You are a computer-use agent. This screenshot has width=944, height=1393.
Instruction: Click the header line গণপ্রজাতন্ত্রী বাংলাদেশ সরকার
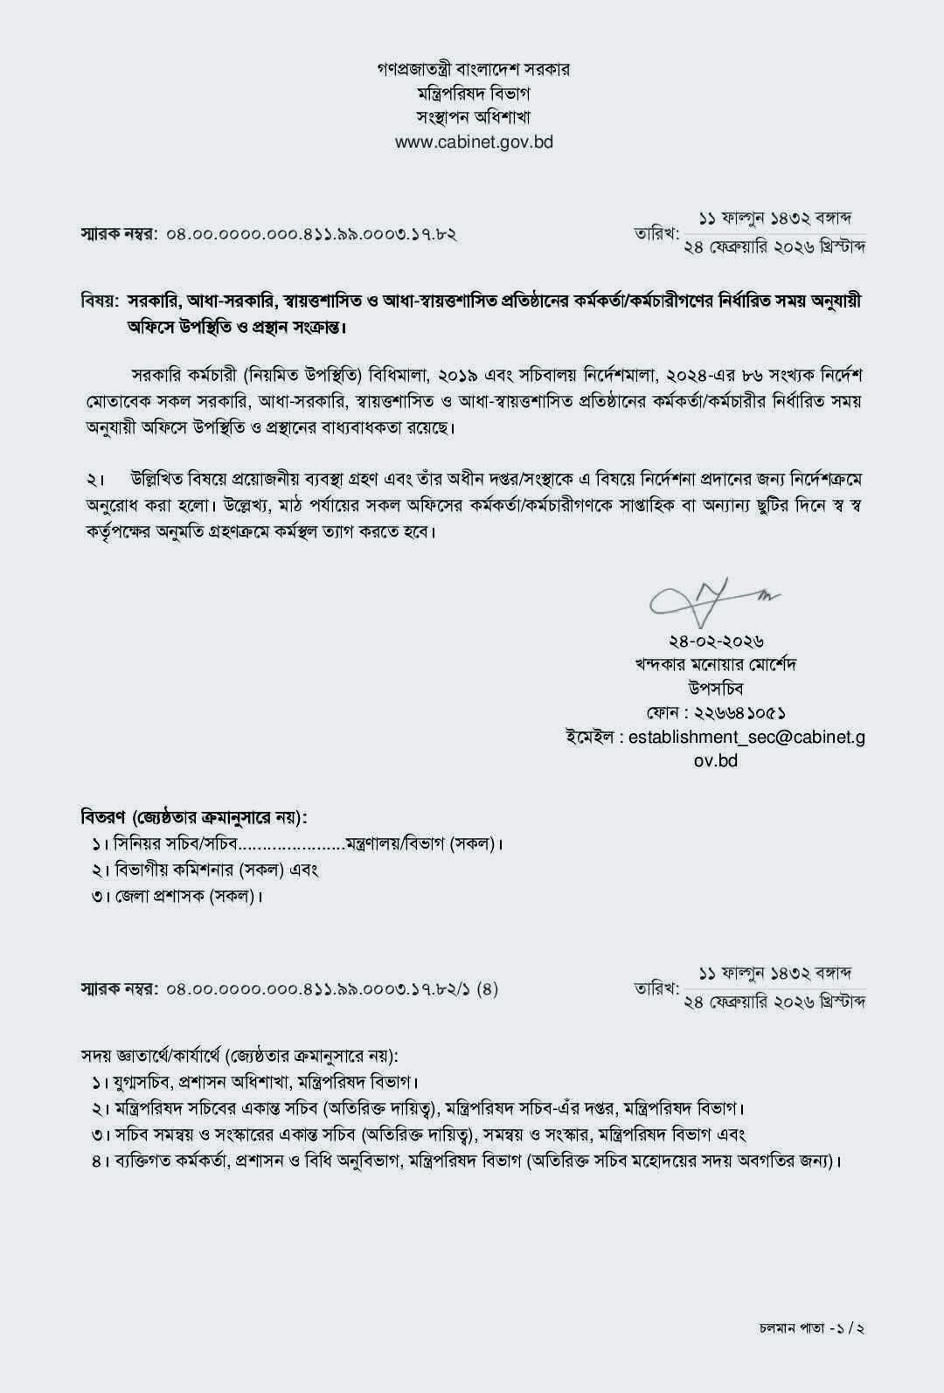tap(473, 69)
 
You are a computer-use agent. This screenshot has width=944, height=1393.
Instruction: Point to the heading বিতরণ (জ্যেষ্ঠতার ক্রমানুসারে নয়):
tap(194, 818)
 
